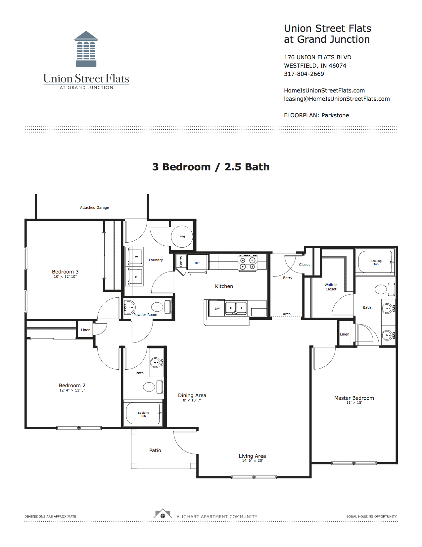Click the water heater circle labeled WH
[x=182, y=237]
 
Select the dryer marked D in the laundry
[x=136, y=276]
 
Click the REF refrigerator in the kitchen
[x=198, y=263]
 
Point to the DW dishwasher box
[x=217, y=308]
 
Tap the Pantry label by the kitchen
[x=181, y=261]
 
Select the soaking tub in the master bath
[x=376, y=262]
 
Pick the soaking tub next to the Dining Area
[x=143, y=414]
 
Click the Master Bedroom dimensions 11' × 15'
[x=354, y=402]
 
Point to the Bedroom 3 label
[x=65, y=272]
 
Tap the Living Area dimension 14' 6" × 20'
[x=252, y=460]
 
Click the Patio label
[x=155, y=450]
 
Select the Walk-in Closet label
[x=331, y=287]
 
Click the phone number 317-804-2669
[x=304, y=74]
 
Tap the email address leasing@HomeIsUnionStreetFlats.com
[x=337, y=99]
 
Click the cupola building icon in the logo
[x=86, y=49]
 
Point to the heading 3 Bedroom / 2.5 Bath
[x=211, y=167]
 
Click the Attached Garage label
[x=95, y=208]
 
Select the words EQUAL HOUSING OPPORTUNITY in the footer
[x=371, y=516]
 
